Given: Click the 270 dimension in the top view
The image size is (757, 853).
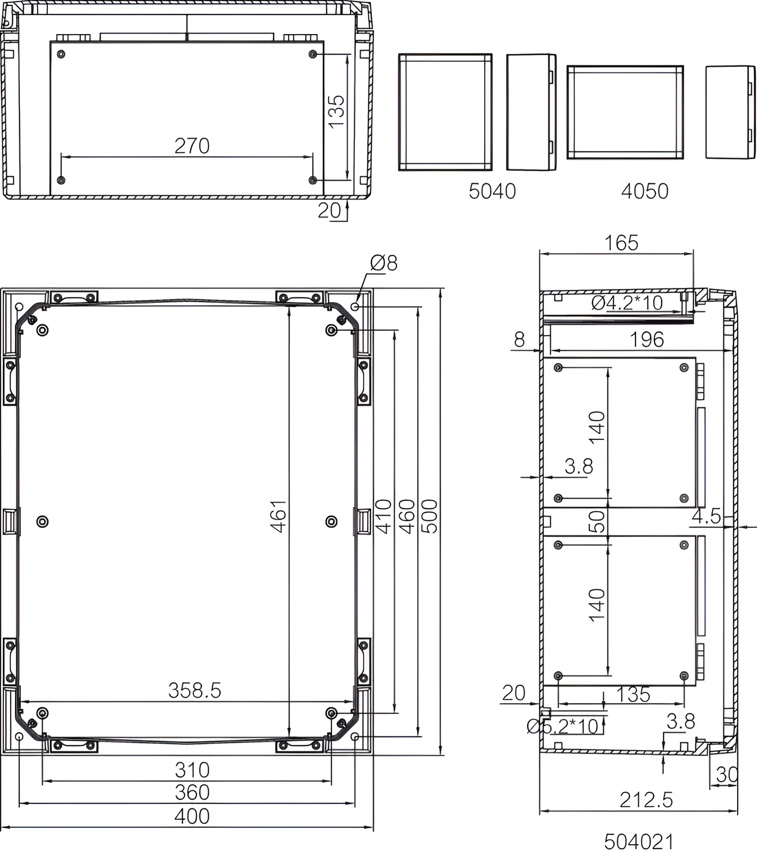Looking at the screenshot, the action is pyautogui.click(x=192, y=146).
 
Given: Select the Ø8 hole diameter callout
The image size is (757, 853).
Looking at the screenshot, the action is pyautogui.click(x=384, y=263).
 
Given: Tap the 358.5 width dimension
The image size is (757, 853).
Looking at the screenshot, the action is pyautogui.click(x=195, y=690).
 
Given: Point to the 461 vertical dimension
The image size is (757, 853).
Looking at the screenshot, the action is pyautogui.click(x=279, y=516).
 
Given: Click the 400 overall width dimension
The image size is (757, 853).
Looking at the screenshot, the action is pyautogui.click(x=192, y=816).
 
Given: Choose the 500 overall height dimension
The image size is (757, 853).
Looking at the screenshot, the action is pyautogui.click(x=430, y=516).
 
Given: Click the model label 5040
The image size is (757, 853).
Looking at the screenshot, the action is pyautogui.click(x=492, y=191).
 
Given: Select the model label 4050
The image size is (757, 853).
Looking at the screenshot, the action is pyautogui.click(x=644, y=191).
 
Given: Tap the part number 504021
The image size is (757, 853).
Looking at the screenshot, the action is pyautogui.click(x=639, y=841).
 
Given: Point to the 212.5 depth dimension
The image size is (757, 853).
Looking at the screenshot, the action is pyautogui.click(x=646, y=800).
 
